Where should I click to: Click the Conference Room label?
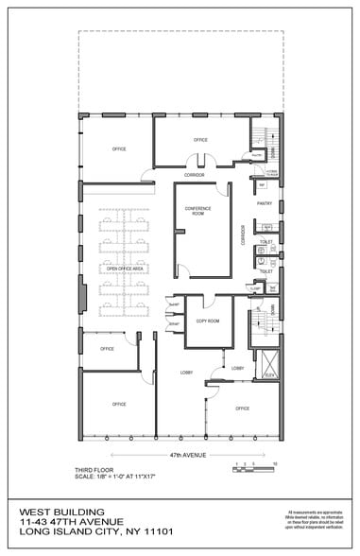point(197,211)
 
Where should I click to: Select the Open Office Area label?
point(125,269)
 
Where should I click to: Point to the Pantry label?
point(265,202)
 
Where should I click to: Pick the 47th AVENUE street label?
point(188,454)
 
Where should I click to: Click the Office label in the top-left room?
point(119,149)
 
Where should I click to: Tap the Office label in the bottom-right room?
point(242,408)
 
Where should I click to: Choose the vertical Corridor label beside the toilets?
point(243,234)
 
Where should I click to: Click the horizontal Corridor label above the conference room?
point(195,175)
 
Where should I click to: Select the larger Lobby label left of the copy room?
point(187,373)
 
